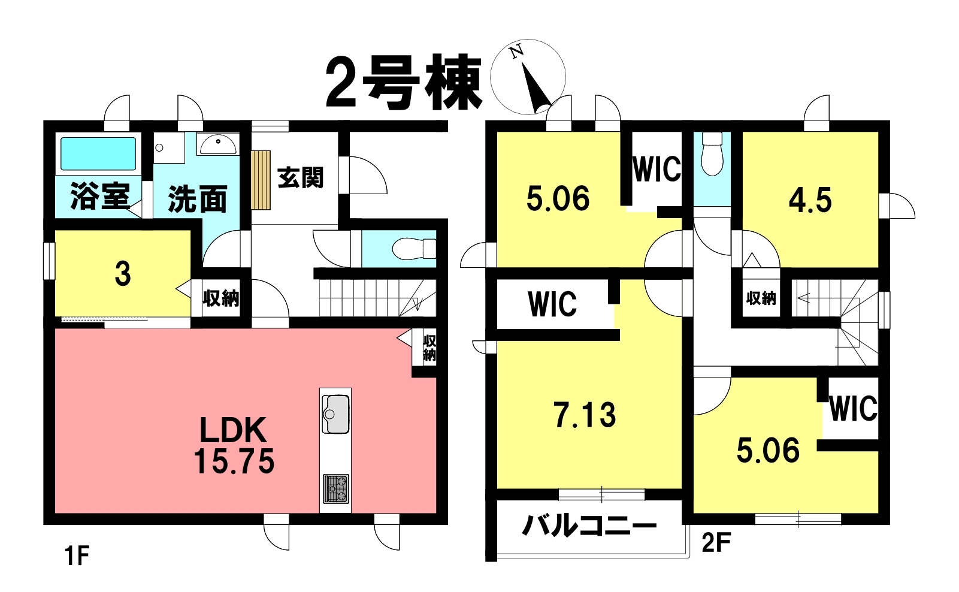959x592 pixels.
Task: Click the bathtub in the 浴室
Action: point(98,154)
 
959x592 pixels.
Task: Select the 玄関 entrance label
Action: point(300,177)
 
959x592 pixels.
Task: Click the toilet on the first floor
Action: point(415,249)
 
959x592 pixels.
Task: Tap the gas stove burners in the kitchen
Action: point(335,488)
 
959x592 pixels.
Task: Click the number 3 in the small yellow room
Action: point(123,274)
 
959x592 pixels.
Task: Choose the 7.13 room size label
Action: point(585,415)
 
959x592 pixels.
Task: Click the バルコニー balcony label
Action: point(589,526)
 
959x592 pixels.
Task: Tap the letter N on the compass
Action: point(517,51)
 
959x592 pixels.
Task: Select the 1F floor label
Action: point(77,557)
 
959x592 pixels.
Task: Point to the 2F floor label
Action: point(716,543)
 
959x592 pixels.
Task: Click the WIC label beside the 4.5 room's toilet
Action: point(657,169)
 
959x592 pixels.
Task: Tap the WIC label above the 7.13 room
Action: point(552,304)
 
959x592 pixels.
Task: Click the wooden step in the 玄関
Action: point(261,180)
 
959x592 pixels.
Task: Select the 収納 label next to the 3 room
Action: point(221,298)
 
